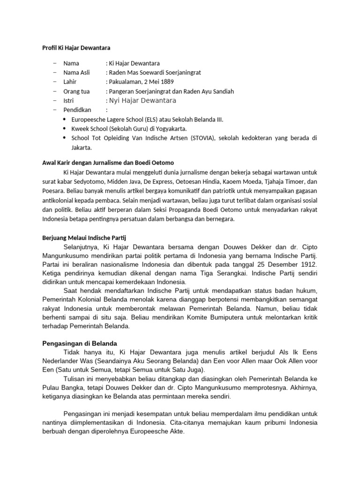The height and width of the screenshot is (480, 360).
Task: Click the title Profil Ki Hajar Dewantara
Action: (74, 47)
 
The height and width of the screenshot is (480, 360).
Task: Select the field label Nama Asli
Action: (76, 73)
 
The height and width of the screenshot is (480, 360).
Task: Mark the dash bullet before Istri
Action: (55, 101)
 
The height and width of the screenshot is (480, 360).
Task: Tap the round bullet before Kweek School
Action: (64, 128)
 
